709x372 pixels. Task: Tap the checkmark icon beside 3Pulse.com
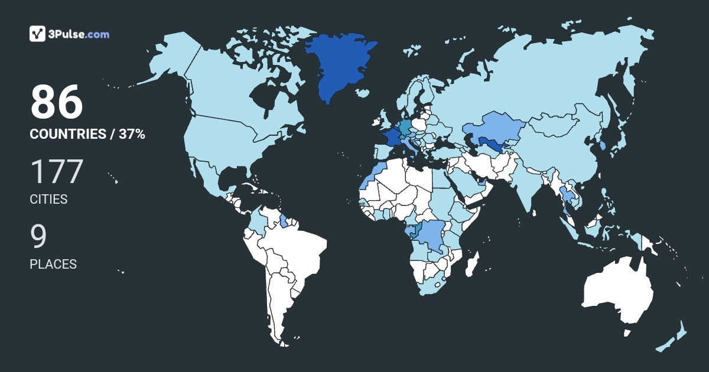[37, 34]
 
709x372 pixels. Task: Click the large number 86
[57, 103]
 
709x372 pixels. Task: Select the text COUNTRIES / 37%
[87, 134]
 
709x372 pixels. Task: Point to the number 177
[57, 172]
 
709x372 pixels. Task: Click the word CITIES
[48, 200]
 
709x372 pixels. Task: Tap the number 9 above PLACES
[38, 237]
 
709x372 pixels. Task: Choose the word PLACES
[53, 265]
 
